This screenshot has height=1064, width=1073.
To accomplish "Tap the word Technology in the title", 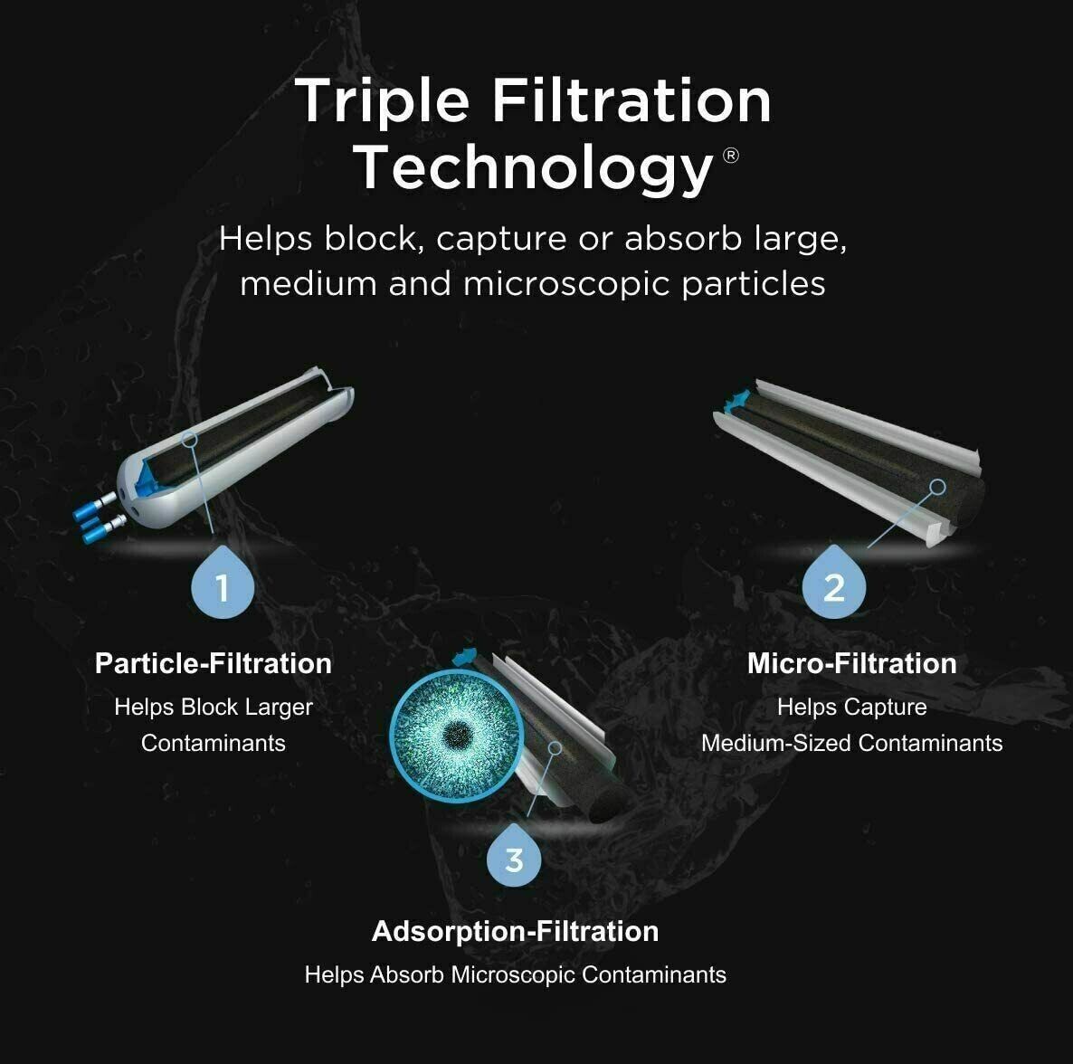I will click(534, 167).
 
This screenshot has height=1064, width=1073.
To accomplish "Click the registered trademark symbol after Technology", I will click(731, 156).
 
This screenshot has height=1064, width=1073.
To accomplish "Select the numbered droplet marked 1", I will click(223, 584).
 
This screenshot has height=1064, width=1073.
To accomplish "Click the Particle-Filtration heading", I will click(214, 663).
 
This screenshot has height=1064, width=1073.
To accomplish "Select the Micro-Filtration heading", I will click(851, 663).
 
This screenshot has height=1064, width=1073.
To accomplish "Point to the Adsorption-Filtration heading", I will click(515, 931).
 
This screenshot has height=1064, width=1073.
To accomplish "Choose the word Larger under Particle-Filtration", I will click(279, 707).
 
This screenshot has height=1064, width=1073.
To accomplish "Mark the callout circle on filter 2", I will click(938, 487).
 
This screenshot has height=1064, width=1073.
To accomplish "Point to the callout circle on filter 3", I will click(555, 748).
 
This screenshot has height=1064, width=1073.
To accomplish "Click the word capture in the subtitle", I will click(500, 239).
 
